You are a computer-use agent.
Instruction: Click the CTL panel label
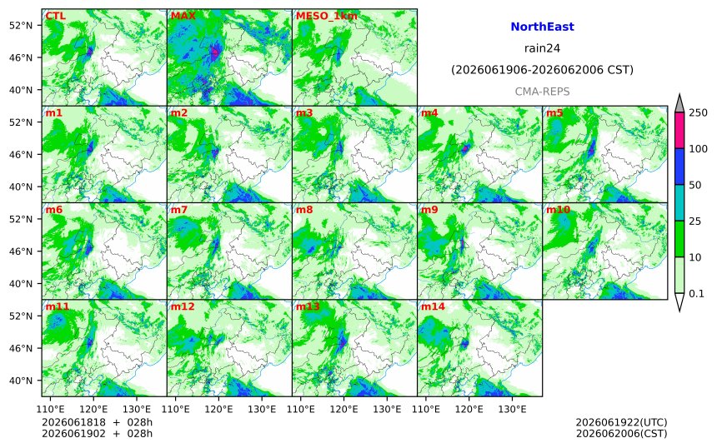click(55, 16)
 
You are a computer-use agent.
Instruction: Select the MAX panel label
click(183, 16)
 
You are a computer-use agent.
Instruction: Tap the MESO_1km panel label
click(327, 16)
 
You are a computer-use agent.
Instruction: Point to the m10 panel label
click(558, 210)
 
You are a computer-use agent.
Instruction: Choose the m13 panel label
click(308, 306)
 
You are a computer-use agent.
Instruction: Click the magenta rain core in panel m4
click(465, 148)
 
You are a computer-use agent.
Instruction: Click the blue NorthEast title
click(542, 27)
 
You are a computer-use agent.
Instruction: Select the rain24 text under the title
click(542, 48)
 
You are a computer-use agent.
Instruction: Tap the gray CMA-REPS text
click(542, 92)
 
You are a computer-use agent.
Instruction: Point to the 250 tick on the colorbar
click(698, 112)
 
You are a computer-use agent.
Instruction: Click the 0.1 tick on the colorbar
click(696, 294)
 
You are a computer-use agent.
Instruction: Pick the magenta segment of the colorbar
click(679, 130)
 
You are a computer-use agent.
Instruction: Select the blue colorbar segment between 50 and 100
click(679, 167)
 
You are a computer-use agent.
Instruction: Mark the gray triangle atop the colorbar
click(679, 105)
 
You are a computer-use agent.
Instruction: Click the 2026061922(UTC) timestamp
click(621, 422)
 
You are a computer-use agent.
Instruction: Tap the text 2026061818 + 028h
click(97, 422)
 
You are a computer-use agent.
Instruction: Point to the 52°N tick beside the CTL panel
click(21, 25)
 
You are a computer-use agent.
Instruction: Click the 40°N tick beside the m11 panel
click(21, 381)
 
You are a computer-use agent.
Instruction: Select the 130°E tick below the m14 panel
click(512, 408)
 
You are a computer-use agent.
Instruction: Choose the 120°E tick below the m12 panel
click(218, 408)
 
